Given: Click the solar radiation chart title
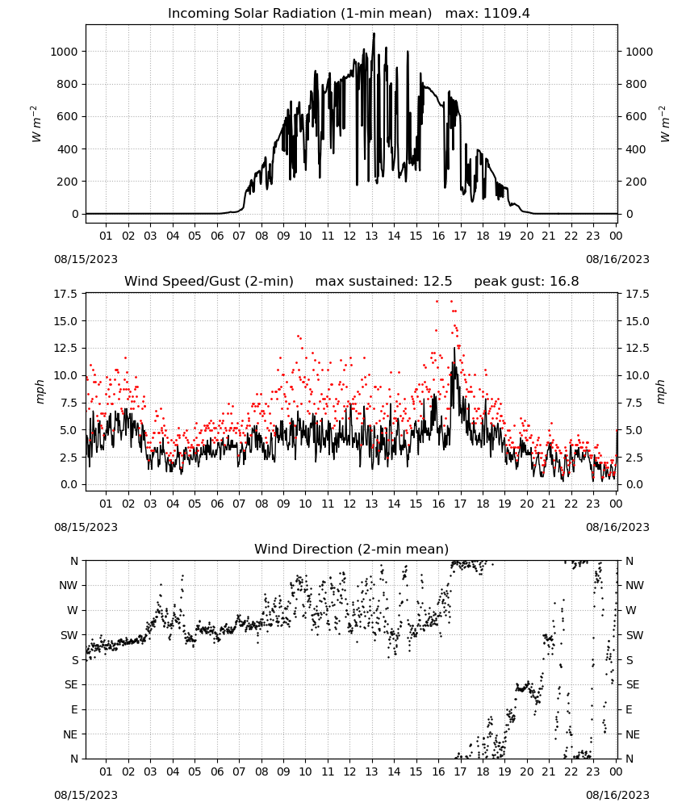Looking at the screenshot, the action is [300, 14].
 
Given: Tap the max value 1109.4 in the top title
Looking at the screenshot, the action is [506, 14].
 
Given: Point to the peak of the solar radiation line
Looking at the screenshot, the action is [374, 33].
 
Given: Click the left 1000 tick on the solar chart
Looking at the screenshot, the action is [65, 52].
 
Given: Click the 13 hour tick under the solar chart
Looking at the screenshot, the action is [371, 236].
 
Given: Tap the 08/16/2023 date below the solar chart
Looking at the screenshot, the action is [617, 259].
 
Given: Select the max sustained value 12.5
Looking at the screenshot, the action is [437, 282].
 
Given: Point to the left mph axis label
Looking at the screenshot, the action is [40, 391].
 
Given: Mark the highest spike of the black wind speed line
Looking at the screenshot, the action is [454, 349].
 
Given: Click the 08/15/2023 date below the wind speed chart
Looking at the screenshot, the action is [86, 527].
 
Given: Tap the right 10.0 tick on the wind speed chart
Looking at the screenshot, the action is [637, 376].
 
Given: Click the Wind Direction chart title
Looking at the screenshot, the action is [352, 549].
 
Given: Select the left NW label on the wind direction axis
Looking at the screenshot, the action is [69, 585].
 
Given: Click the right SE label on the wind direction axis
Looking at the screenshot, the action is [633, 684].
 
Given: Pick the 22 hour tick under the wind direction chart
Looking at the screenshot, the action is [571, 771].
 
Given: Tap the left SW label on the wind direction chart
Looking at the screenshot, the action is [69, 635].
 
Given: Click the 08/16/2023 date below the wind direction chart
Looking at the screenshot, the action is [617, 795].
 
